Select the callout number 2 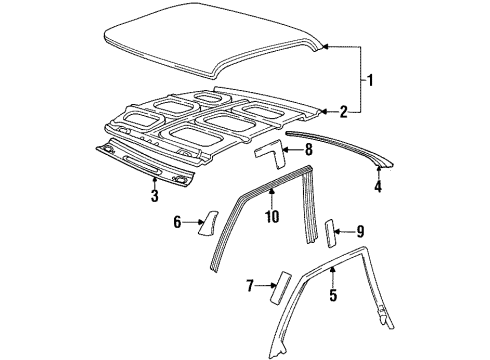pos(344,111)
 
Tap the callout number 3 pos(155,196)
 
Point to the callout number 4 pos(378,184)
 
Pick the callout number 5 pos(333,296)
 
